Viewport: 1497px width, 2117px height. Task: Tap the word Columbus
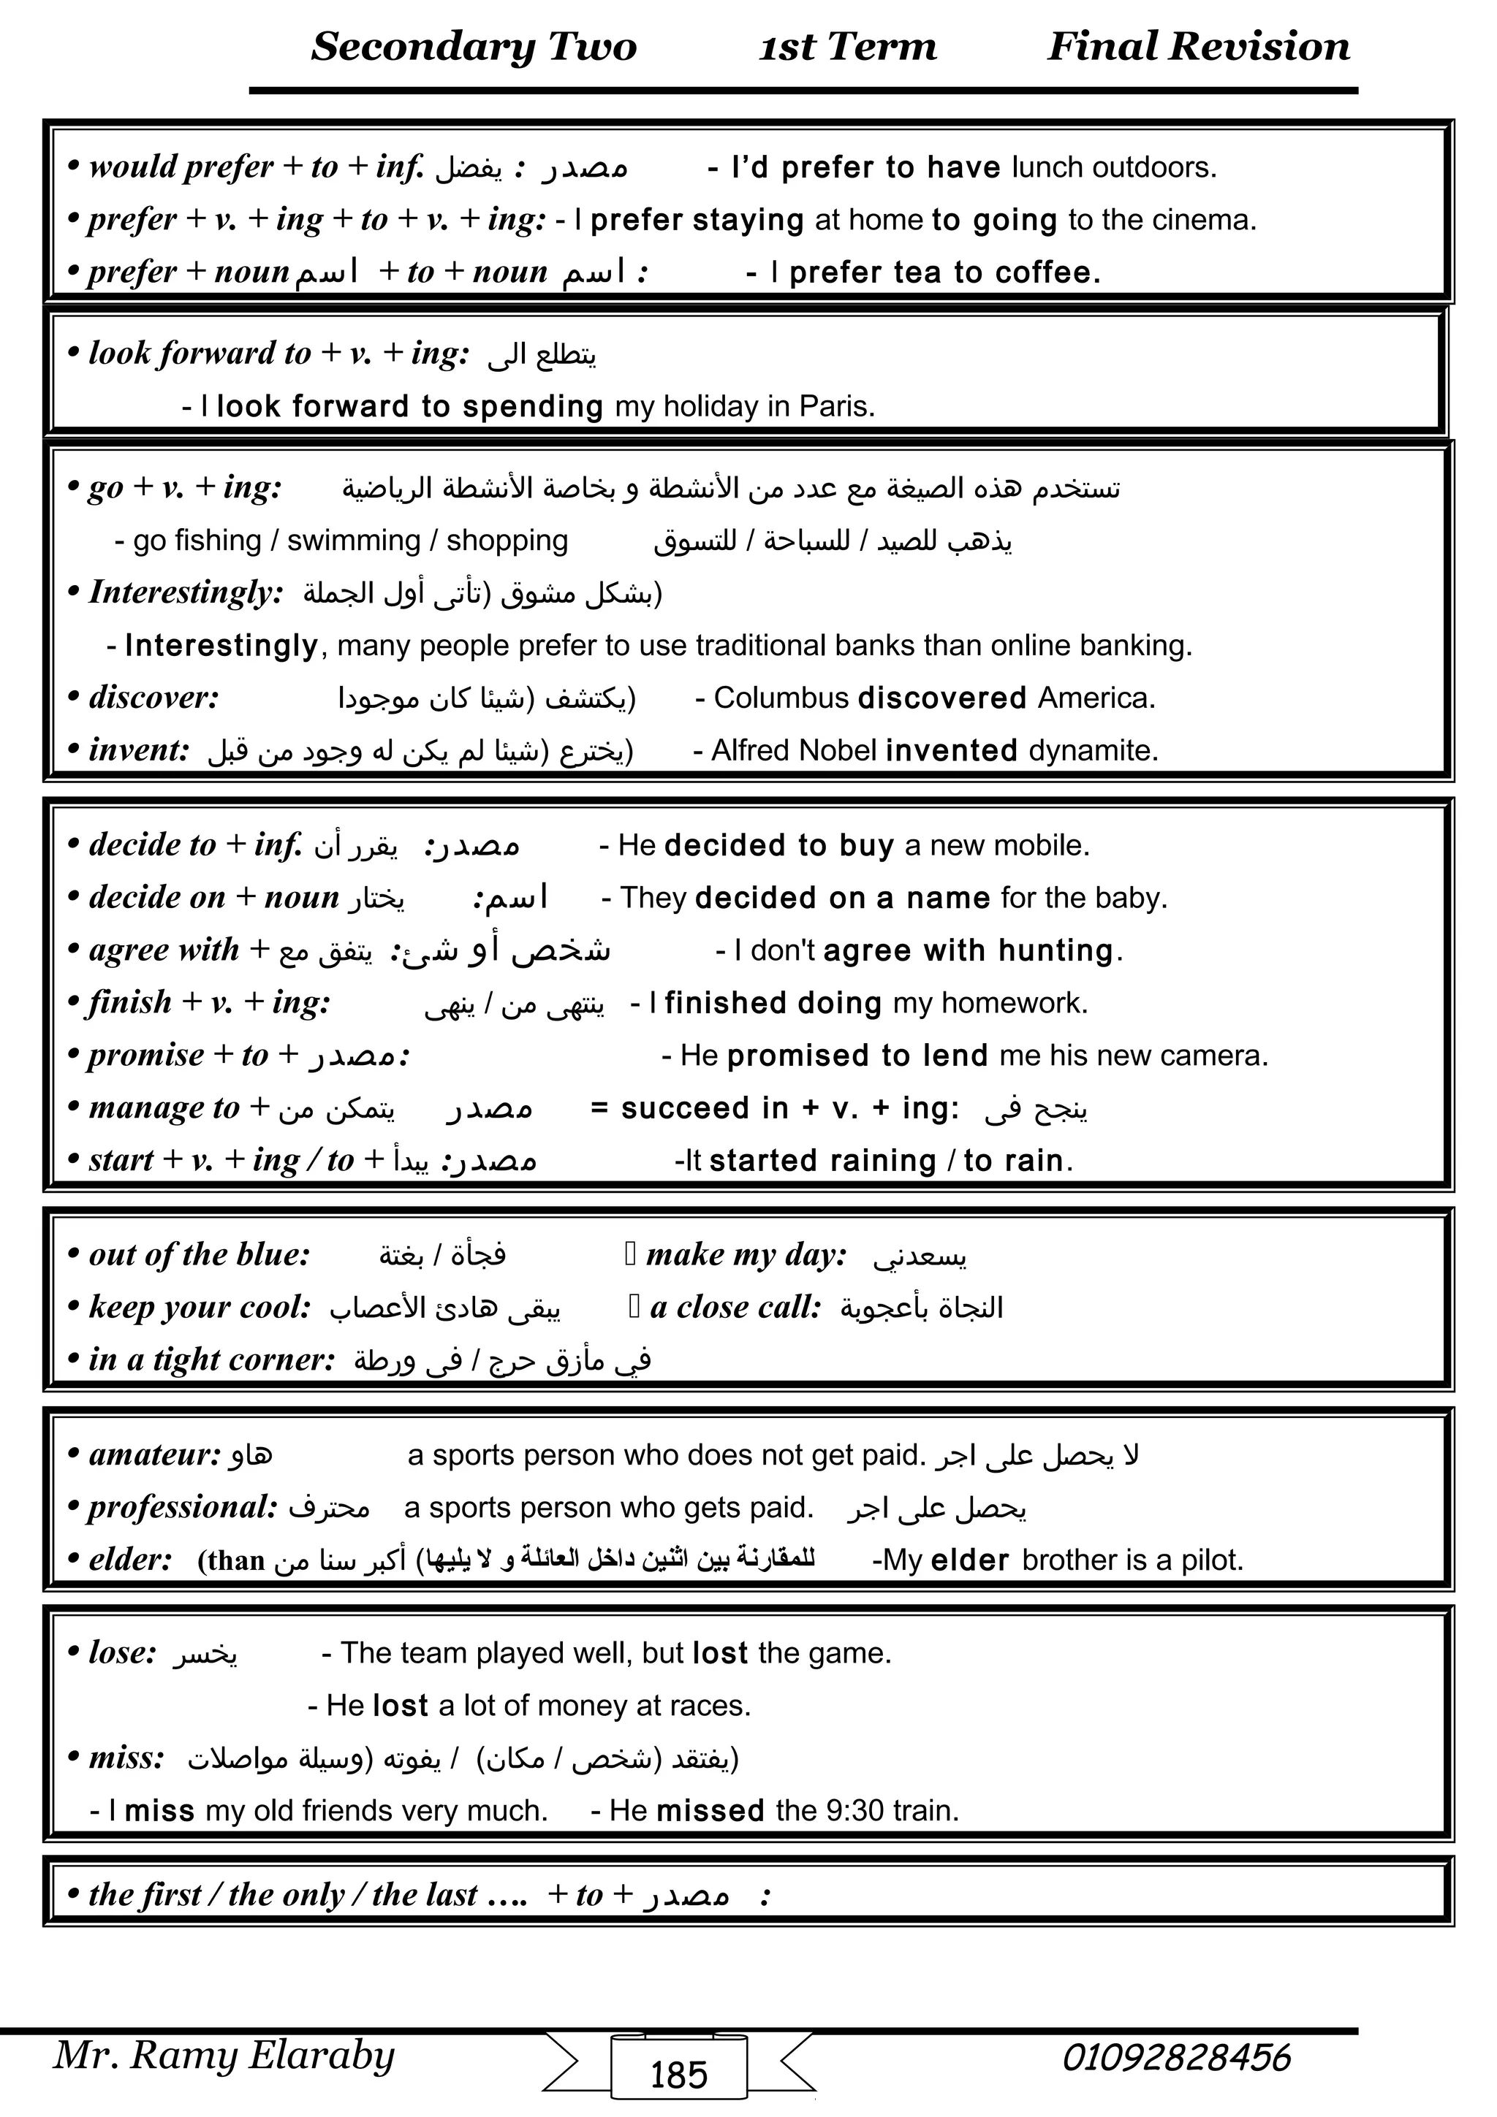click(781, 698)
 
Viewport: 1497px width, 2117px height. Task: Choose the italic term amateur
click(154, 1455)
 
